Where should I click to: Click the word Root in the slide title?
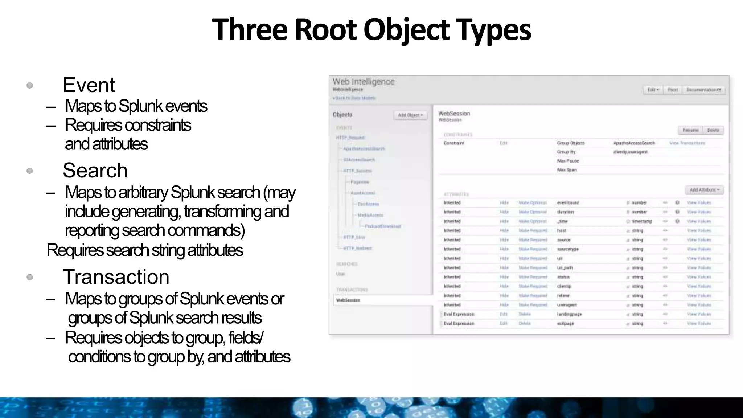click(x=325, y=30)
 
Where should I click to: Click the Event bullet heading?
click(x=89, y=85)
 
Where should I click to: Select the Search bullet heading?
click(x=95, y=171)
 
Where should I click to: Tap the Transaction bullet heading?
click(x=116, y=277)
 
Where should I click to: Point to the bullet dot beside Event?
click(x=30, y=86)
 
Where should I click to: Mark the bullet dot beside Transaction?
click(x=30, y=278)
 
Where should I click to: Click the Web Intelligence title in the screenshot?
click(x=364, y=82)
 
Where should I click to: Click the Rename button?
click(x=690, y=130)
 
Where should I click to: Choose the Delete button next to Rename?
click(x=713, y=130)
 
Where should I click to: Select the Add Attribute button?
click(x=704, y=190)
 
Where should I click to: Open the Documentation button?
click(x=703, y=90)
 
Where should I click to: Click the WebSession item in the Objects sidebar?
click(x=348, y=300)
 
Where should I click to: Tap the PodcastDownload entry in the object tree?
click(x=382, y=226)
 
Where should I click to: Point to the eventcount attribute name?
click(x=568, y=203)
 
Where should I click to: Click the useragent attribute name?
click(x=567, y=305)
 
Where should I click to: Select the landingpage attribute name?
click(x=569, y=314)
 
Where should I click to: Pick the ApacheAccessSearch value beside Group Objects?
click(x=634, y=143)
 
